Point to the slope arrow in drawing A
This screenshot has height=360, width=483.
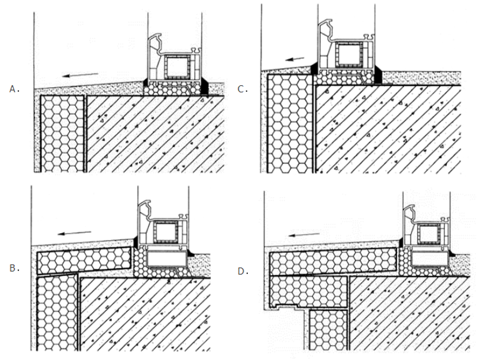pos(80,75)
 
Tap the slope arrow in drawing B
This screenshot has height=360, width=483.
pos(74,232)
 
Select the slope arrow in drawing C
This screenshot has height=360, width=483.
pos(294,59)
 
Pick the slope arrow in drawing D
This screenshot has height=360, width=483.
pos(304,235)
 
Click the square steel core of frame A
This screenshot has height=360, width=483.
pos(176,67)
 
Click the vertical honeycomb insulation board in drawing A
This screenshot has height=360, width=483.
pos(62,133)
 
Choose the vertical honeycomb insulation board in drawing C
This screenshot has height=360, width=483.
pos(290,123)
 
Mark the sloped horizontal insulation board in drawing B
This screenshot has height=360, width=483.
pos(84,260)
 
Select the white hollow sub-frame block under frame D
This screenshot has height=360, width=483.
pos(430,258)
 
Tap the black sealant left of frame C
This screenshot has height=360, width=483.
pos(314,69)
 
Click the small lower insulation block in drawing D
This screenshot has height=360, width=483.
pos(329,330)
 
